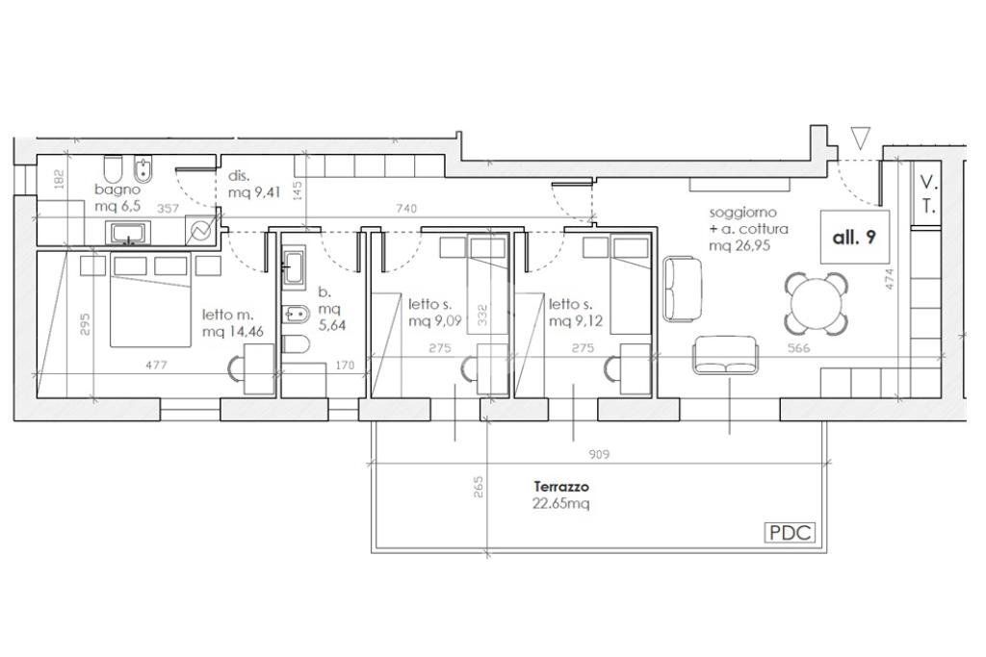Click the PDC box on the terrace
click(x=790, y=533)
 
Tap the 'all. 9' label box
click(x=855, y=237)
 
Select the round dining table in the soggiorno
click(x=816, y=304)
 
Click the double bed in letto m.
click(x=150, y=299)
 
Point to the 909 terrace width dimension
click(x=599, y=453)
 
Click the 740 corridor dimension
click(x=407, y=209)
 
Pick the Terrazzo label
click(x=561, y=486)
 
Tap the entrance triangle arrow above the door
click(x=859, y=139)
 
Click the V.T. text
click(x=929, y=194)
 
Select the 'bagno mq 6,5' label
click(x=117, y=197)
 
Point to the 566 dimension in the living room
click(x=798, y=348)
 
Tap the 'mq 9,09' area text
click(x=435, y=321)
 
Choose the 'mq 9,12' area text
click(x=576, y=321)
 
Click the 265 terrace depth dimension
click(x=479, y=488)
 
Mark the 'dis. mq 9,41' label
click(x=253, y=184)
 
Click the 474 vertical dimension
click(x=889, y=279)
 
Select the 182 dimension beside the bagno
click(x=60, y=179)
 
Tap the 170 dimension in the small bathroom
click(x=345, y=365)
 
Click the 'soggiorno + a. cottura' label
click(x=748, y=220)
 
